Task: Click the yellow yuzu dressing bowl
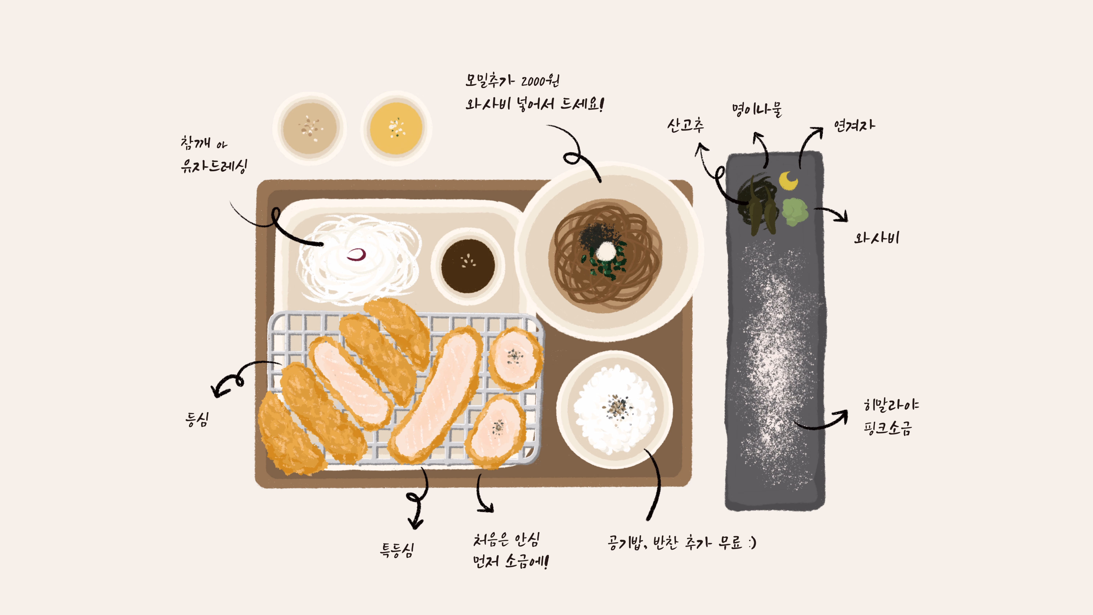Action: click(396, 128)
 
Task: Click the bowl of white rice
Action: click(615, 410)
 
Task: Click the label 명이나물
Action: click(757, 109)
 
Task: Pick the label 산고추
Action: click(685, 125)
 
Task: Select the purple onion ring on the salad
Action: click(356, 254)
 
